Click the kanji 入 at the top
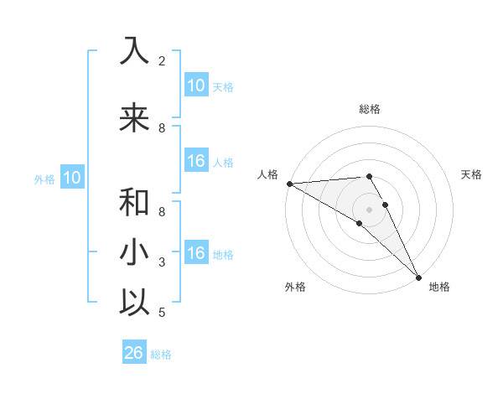tap(134, 52)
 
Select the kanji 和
tap(134, 202)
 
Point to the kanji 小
tap(134, 252)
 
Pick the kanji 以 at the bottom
tap(134, 303)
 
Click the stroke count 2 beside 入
tap(162, 61)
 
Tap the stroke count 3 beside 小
tap(162, 262)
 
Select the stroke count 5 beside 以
tap(162, 313)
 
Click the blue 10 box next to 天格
tap(195, 86)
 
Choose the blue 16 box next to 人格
tap(195, 162)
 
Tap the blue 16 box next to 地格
tap(195, 254)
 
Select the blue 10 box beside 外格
tap(71, 178)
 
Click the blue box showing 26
tap(133, 353)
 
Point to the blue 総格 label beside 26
tap(161, 355)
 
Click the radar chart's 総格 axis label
tap(370, 109)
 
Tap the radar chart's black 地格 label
tap(439, 287)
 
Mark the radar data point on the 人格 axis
tap(289, 184)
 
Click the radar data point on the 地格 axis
tap(418, 277)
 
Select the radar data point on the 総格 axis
tap(370, 176)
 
